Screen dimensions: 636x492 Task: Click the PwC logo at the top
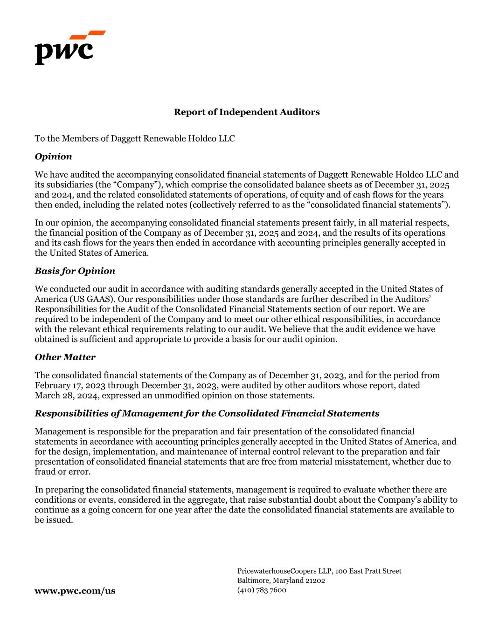point(70,48)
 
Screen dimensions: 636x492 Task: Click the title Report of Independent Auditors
point(247,112)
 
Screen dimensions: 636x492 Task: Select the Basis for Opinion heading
point(75,271)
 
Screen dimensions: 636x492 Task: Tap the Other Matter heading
point(65,357)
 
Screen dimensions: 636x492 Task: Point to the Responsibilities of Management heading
point(207,414)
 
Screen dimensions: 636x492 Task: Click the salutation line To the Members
point(134,139)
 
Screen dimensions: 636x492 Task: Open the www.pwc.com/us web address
point(75,591)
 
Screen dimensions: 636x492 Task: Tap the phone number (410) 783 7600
point(262,590)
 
